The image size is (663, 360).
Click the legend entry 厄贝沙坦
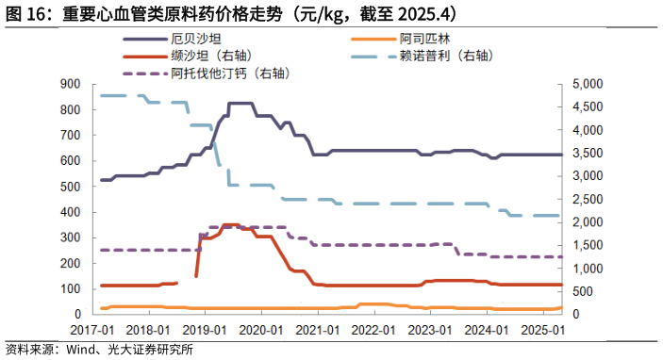[193, 39]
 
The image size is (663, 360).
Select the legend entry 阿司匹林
[424, 39]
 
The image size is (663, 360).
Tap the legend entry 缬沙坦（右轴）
[209, 56]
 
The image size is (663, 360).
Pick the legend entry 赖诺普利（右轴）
[446, 56]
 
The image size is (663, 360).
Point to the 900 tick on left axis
[72, 83]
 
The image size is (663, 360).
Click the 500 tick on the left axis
[72, 186]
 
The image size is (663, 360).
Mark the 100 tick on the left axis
[72, 288]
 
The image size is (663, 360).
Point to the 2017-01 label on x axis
[91, 330]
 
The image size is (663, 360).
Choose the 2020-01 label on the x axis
[265, 330]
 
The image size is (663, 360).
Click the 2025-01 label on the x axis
[545, 330]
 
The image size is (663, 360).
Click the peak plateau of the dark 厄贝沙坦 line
[240, 103]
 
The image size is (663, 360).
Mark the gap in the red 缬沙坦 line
[187, 279]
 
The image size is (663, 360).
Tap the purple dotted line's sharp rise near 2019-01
[199, 239]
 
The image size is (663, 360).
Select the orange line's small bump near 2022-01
[373, 304]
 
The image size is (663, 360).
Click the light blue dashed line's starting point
[101, 95]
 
